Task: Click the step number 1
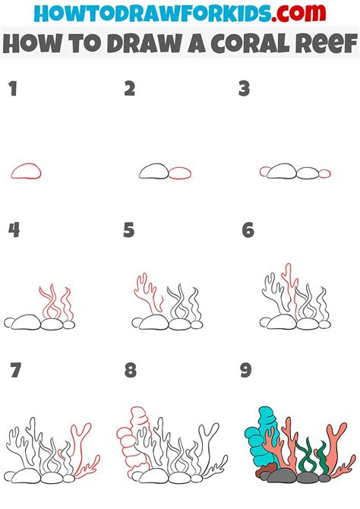pyautogui.click(x=12, y=90)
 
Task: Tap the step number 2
pyautogui.click(x=130, y=90)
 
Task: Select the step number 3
pyautogui.click(x=244, y=90)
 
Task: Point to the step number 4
pyautogui.click(x=14, y=230)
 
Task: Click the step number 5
pyautogui.click(x=129, y=230)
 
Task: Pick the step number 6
pyautogui.click(x=248, y=230)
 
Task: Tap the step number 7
pyautogui.click(x=14, y=371)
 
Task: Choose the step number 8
pyautogui.click(x=130, y=371)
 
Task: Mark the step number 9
pyautogui.click(x=245, y=371)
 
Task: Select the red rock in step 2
pyautogui.click(x=180, y=173)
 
